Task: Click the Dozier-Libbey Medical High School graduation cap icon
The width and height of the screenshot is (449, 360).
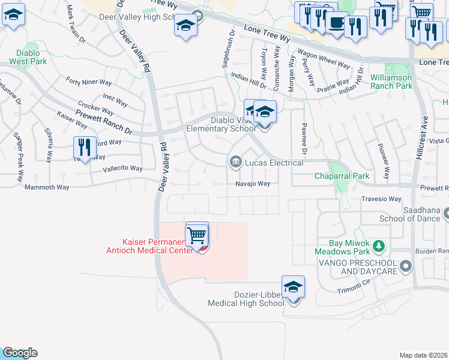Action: (x=293, y=288)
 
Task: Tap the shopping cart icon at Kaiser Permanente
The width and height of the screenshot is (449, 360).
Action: (x=197, y=236)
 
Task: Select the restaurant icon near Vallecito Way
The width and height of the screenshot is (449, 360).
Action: (x=85, y=147)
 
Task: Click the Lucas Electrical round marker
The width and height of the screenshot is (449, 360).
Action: (x=235, y=162)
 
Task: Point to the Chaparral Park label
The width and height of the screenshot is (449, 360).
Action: (x=343, y=176)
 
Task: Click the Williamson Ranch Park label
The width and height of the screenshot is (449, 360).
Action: (x=391, y=82)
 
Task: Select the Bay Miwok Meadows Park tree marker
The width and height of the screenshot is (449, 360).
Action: (x=378, y=245)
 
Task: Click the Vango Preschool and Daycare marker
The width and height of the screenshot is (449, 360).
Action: (x=406, y=265)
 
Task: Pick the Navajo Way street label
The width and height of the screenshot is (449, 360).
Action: (x=252, y=184)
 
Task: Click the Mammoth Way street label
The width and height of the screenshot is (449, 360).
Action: (x=47, y=187)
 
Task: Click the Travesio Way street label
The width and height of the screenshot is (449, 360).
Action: (x=381, y=199)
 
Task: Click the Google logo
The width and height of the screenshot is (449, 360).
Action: (x=19, y=353)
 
